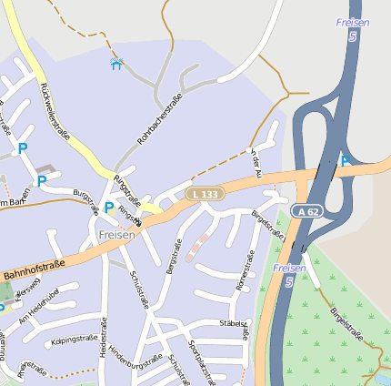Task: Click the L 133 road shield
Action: (206, 194)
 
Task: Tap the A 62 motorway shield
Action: (307, 211)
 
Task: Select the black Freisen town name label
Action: (116, 235)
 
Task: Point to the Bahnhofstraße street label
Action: (35, 268)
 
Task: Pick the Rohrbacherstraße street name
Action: (159, 119)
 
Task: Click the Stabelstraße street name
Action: (233, 323)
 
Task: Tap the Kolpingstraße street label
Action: (75, 339)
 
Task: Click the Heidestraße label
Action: (105, 337)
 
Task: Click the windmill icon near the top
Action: (115, 64)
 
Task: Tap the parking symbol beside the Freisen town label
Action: (108, 208)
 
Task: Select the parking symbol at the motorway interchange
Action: (345, 161)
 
